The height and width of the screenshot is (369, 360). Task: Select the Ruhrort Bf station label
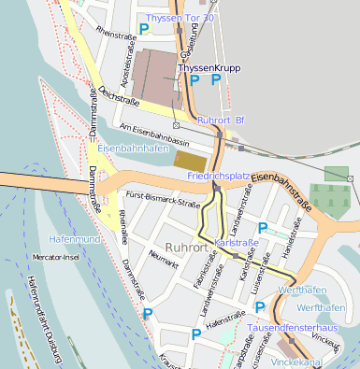221,120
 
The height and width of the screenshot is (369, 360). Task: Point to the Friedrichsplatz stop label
218,175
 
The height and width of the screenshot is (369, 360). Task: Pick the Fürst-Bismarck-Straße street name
163,199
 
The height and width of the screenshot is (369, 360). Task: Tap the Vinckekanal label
324,359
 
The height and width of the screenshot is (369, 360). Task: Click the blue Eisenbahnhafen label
132,148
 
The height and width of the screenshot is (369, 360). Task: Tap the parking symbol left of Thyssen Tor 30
143,30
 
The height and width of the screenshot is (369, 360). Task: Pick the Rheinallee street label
122,224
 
